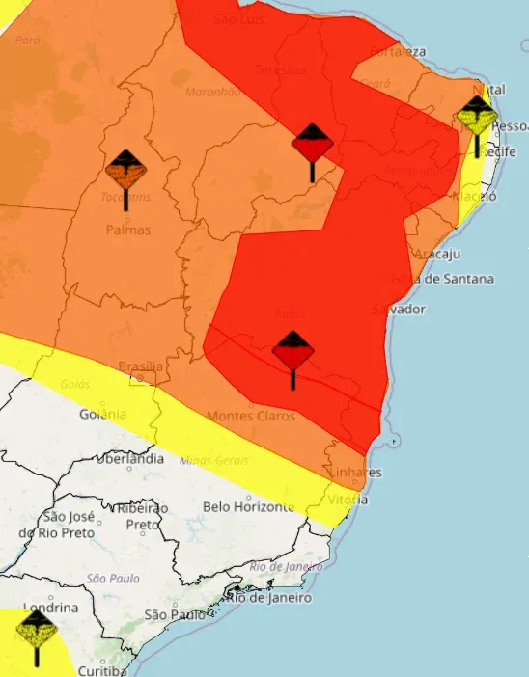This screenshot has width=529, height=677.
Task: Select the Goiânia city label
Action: coord(102,414)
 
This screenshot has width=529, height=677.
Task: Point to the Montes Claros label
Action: coord(251,416)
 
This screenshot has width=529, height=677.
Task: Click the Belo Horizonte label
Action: coord(248,506)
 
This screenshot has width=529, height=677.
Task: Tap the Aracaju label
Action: coord(436,254)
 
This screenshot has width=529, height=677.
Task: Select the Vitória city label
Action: coord(347,500)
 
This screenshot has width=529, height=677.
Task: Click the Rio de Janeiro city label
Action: coord(269,598)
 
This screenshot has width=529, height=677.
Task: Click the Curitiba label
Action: coord(102,670)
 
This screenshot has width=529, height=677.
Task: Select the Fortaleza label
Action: coord(397,50)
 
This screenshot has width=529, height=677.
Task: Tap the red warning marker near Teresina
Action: coord(312,147)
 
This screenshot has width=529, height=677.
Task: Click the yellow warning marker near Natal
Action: coord(477,120)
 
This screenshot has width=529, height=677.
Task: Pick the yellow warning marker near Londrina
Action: coord(37,635)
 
